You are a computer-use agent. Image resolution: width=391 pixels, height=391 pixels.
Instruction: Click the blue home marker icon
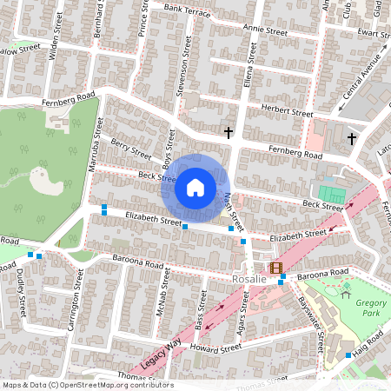pyautogui.click(x=195, y=188)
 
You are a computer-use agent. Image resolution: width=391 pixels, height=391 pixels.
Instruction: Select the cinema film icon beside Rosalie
pyautogui.click(x=276, y=269)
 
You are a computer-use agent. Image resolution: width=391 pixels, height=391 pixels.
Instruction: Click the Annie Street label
pyautogui.click(x=265, y=30)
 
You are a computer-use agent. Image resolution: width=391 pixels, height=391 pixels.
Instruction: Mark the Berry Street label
pyautogui.click(x=131, y=150)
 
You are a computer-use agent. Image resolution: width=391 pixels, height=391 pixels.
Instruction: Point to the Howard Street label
pyautogui.click(x=217, y=348)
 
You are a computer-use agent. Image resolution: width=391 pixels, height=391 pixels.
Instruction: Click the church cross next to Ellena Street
pyautogui.click(x=229, y=132)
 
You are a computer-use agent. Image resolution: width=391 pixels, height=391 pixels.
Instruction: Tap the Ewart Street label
pyautogui.click(x=371, y=32)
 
